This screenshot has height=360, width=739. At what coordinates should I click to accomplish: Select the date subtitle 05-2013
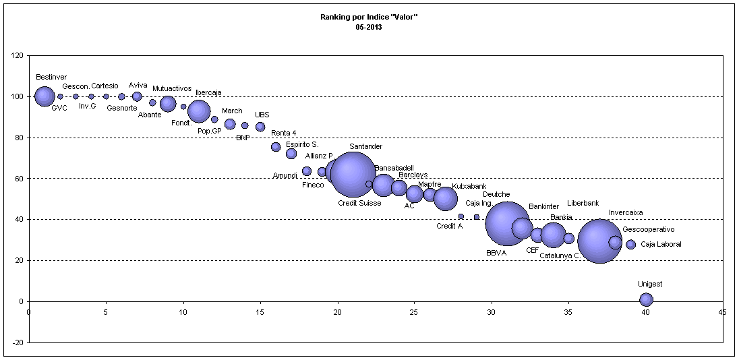pos(369,27)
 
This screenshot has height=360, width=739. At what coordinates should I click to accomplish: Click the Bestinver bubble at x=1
pos(45,96)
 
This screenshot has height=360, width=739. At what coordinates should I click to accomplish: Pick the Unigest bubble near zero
pos(646,300)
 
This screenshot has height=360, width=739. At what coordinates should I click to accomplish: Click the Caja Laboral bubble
pos(630,245)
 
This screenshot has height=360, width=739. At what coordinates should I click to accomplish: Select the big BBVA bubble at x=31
pos(507,224)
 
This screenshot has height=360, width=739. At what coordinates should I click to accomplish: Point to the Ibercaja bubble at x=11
pos(199,111)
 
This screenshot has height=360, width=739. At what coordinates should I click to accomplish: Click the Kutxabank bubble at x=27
pos(445,198)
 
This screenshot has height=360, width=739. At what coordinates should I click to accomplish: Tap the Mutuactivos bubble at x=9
pos(168,104)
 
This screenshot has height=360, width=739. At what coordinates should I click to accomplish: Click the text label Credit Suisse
pos(359,203)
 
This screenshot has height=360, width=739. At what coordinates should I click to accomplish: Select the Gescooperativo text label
pos(648,229)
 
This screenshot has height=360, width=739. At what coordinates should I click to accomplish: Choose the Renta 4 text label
pos(284,133)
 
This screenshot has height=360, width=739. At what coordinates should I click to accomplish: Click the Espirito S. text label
pos(302,144)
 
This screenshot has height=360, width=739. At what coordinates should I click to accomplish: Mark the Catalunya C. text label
pos(560,256)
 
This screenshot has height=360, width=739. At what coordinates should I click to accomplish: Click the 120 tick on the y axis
pos(18,56)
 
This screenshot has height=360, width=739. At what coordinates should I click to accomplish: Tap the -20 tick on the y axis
pos(18,342)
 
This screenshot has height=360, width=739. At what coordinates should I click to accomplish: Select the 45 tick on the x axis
pos(723,311)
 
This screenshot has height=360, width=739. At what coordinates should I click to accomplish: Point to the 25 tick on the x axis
pos(415,311)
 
